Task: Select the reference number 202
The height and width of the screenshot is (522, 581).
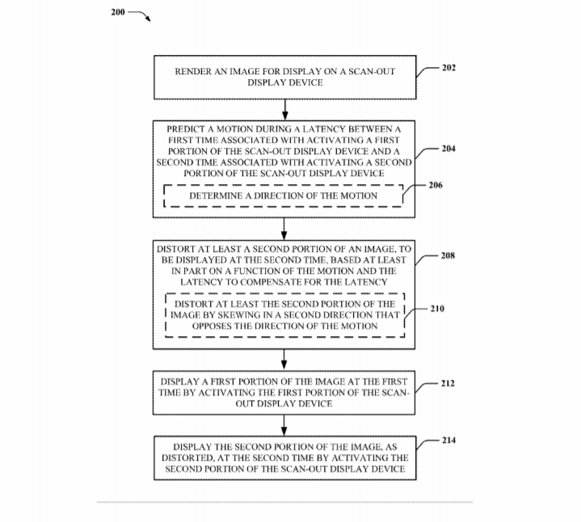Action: click(x=448, y=67)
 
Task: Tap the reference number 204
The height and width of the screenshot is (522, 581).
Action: click(x=448, y=149)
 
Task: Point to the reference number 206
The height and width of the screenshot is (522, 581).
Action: click(x=436, y=185)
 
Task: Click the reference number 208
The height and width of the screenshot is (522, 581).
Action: click(x=448, y=255)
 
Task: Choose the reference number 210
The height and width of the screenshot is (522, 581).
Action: click(x=437, y=308)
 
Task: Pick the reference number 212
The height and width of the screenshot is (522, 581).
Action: click(x=448, y=383)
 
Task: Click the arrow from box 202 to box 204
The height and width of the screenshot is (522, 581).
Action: click(x=285, y=109)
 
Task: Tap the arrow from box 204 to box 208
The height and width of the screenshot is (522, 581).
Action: click(x=285, y=229)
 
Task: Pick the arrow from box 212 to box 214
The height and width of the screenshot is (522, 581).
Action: click(x=285, y=424)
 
